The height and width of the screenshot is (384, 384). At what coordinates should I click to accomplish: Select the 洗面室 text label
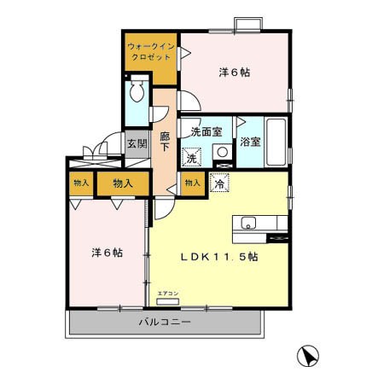[x=207, y=132]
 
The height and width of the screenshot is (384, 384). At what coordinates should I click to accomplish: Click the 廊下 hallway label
[x=164, y=140]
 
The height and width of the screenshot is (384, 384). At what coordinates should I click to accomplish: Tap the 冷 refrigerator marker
[x=219, y=182]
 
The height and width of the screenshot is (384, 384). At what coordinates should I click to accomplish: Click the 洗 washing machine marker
[x=193, y=157]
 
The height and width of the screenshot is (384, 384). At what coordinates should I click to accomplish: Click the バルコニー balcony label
[x=166, y=323]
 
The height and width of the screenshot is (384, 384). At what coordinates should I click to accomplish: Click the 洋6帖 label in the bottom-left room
[x=106, y=253]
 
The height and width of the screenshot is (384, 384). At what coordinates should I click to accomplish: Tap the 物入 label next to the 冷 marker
[x=193, y=183]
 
